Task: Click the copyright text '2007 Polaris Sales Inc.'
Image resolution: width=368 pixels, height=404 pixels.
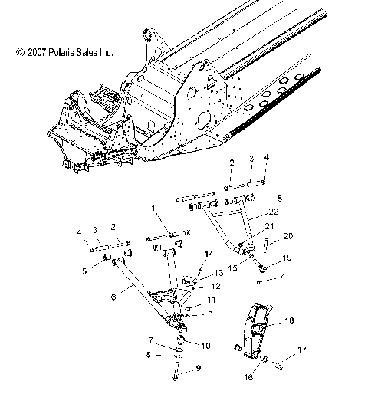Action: click(64, 53)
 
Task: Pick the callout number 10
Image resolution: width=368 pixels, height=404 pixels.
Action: click(205, 347)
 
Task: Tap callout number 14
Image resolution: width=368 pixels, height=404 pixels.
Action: click(209, 254)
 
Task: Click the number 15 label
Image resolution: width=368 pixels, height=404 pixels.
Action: click(232, 268)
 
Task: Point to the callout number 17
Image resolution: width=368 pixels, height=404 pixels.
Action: click(301, 371)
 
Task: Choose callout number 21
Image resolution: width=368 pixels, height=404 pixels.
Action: click(268, 227)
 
